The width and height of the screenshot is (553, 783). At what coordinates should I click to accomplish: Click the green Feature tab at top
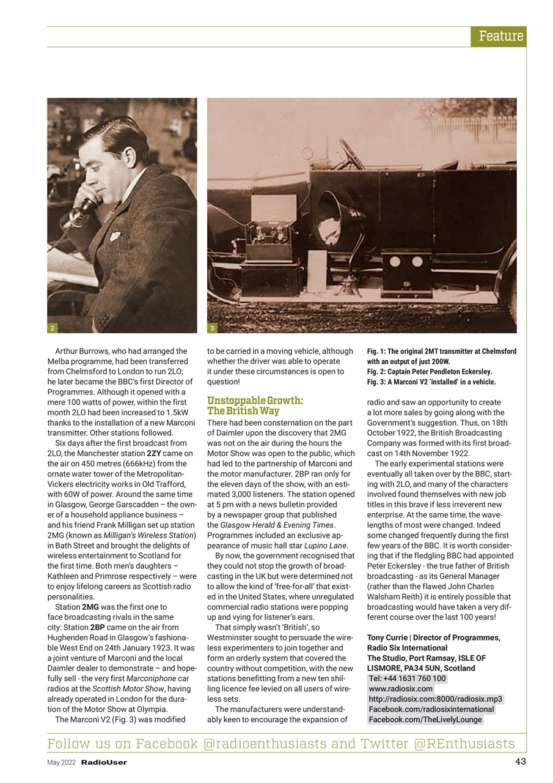[x=499, y=36]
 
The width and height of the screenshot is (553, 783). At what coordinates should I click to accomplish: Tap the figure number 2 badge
[x=53, y=328]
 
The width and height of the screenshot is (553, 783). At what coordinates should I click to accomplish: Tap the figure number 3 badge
[x=212, y=328]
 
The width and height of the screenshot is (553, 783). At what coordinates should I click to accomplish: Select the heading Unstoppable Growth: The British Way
[x=255, y=406]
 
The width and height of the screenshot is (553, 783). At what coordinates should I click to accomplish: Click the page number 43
[x=520, y=762]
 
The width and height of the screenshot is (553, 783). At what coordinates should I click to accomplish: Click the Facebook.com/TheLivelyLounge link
[x=425, y=719]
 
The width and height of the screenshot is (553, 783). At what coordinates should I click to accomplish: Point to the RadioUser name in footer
[x=104, y=762]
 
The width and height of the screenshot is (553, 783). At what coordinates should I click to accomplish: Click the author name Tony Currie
[x=387, y=637]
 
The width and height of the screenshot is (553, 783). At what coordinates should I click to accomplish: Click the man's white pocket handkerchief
[x=115, y=236]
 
